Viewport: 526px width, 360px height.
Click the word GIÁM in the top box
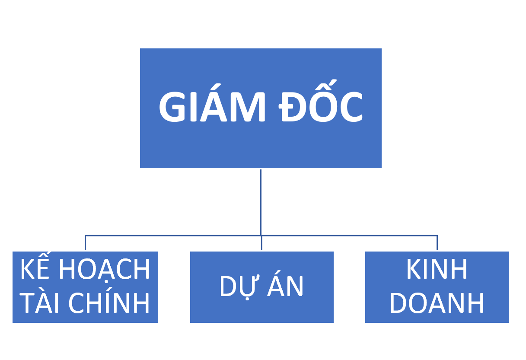tap(212, 107)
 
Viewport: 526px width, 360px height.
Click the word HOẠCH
tap(104, 270)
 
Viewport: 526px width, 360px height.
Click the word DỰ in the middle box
tap(237, 286)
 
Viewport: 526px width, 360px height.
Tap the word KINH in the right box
tap(437, 270)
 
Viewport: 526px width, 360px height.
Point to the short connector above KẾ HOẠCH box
tap(85, 243)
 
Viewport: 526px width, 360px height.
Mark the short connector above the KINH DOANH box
tap(437, 243)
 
